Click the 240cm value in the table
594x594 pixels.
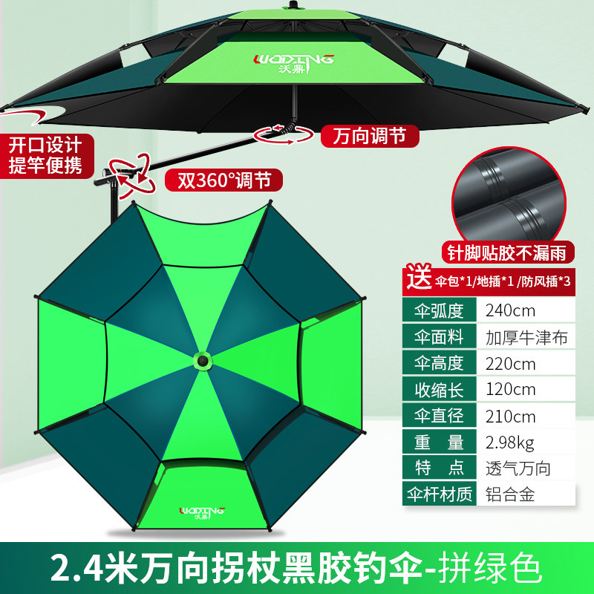(x=509, y=310)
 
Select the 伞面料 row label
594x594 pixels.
(x=438, y=336)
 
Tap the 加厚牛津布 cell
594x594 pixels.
(x=526, y=336)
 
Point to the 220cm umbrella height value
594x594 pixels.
(x=509, y=363)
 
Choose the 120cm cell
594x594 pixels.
(x=509, y=389)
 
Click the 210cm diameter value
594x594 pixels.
(x=509, y=415)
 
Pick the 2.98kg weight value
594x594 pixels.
(x=509, y=442)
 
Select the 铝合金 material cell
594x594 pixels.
(x=509, y=494)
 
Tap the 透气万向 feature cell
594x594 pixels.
(x=518, y=468)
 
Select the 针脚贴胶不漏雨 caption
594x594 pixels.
(x=509, y=251)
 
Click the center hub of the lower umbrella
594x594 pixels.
(x=201, y=361)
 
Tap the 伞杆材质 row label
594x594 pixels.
(x=438, y=494)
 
